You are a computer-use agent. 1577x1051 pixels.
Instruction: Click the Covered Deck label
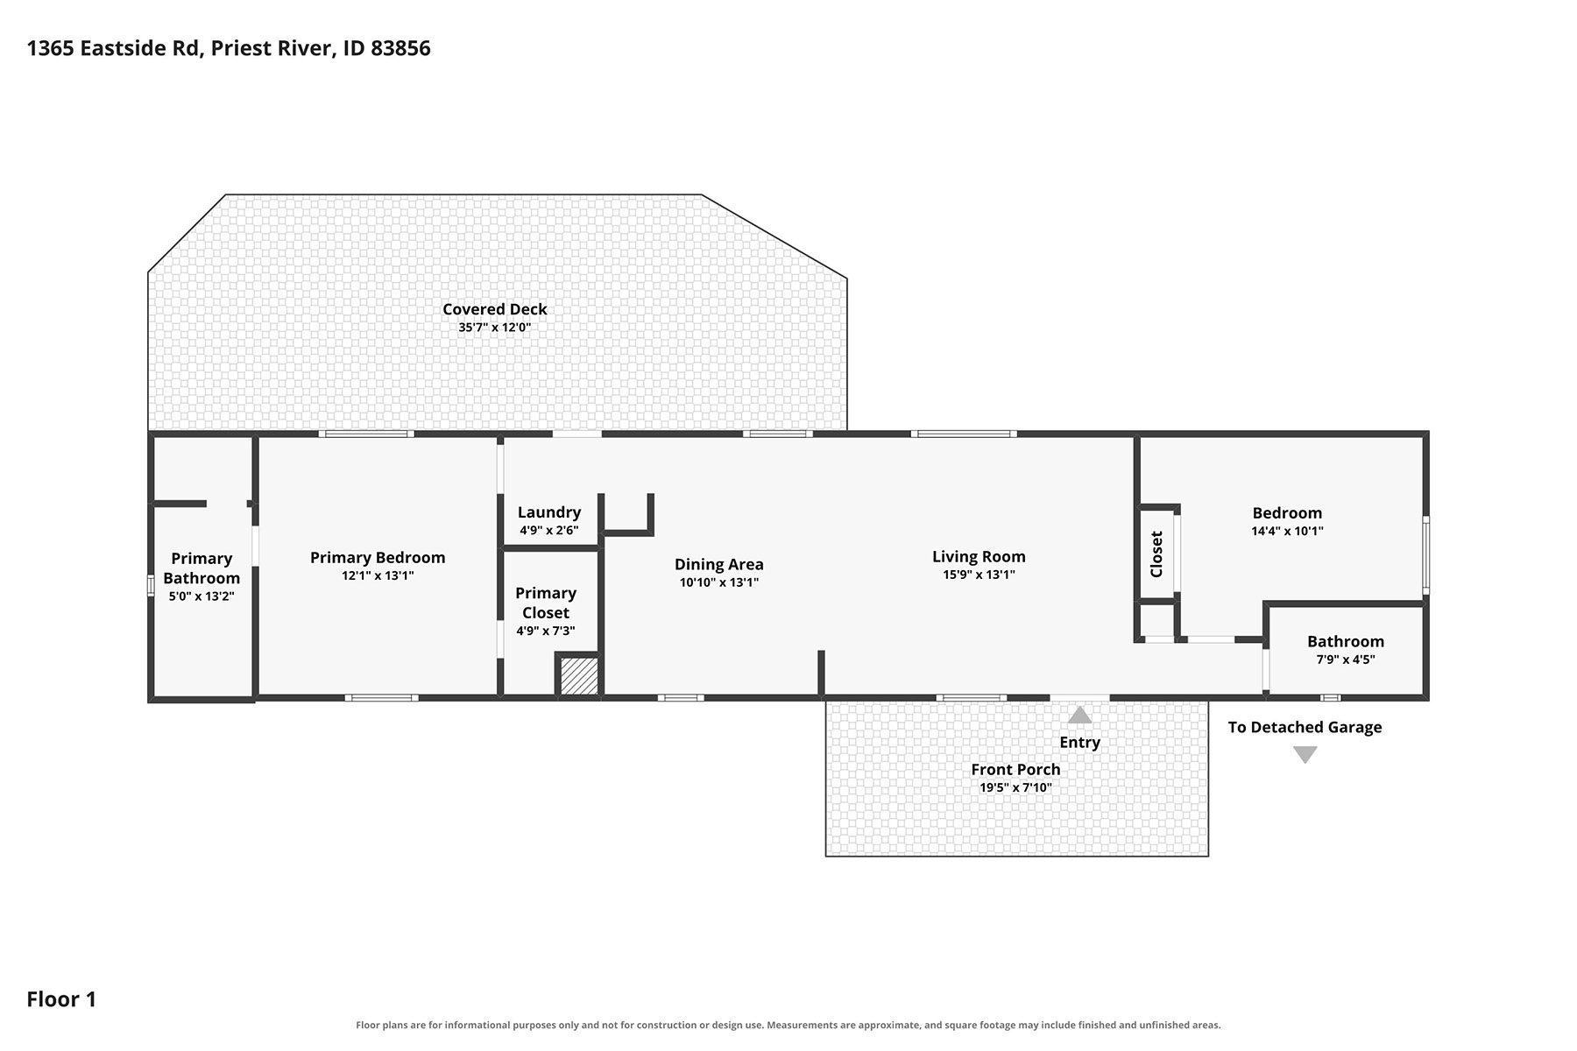(x=494, y=309)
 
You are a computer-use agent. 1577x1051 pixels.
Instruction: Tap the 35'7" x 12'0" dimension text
(x=494, y=328)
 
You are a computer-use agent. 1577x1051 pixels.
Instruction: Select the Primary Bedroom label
(x=378, y=558)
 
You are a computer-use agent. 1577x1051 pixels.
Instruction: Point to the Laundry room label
(x=549, y=512)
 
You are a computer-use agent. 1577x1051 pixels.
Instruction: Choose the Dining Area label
(x=718, y=565)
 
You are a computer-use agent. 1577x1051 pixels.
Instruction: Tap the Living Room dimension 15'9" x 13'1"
(x=979, y=575)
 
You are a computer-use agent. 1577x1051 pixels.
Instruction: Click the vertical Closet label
(x=1156, y=554)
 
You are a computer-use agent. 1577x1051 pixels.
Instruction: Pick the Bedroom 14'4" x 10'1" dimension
(x=1287, y=531)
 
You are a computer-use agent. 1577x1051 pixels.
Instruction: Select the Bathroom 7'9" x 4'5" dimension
(x=1346, y=660)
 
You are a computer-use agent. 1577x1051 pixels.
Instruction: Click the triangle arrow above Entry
(x=1079, y=716)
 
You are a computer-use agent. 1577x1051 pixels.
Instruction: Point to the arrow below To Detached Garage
(x=1305, y=754)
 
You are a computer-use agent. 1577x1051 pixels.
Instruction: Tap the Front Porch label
(x=1015, y=770)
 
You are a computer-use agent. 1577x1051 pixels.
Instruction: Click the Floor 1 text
(x=61, y=999)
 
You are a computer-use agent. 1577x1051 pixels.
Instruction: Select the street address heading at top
(x=229, y=48)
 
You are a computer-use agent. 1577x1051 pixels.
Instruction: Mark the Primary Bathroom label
(x=202, y=568)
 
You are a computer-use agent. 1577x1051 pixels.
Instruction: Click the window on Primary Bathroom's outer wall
(x=151, y=586)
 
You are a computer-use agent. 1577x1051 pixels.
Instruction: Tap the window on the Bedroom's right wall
(x=1425, y=555)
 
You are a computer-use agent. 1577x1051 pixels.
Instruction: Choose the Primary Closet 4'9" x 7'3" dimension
(x=546, y=631)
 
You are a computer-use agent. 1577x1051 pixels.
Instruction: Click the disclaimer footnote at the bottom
(x=788, y=1025)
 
